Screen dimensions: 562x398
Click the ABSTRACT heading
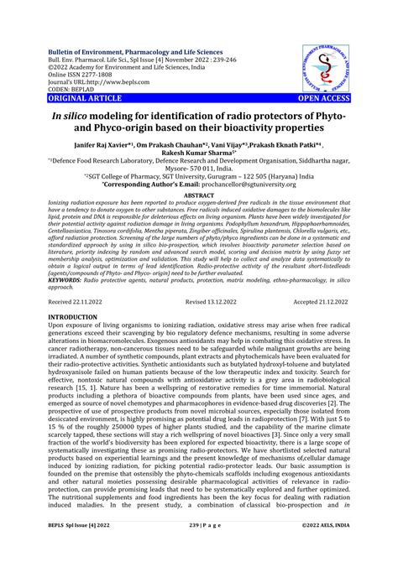(199, 195)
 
